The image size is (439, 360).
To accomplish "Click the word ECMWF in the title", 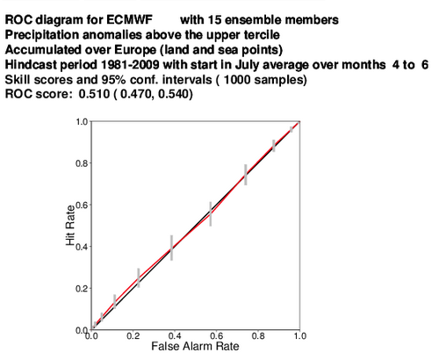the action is click(x=129, y=20).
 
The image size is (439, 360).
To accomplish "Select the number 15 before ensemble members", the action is click(x=215, y=20).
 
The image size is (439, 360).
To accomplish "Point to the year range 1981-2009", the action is click(x=130, y=64).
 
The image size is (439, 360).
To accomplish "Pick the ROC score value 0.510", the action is click(x=94, y=94).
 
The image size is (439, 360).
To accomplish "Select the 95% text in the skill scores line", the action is click(x=116, y=79).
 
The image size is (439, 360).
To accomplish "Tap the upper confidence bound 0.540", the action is click(x=174, y=94).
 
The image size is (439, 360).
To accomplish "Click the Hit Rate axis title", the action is click(x=70, y=225).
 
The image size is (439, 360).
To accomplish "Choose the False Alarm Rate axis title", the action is click(x=195, y=346).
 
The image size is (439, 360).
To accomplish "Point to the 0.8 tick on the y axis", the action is click(x=82, y=163).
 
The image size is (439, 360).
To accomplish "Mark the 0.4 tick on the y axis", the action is click(x=82, y=247).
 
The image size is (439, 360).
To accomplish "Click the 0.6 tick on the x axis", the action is click(x=217, y=335).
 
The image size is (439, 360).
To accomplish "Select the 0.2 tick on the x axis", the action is click(x=133, y=335).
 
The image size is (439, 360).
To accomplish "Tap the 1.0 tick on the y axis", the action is click(x=83, y=121).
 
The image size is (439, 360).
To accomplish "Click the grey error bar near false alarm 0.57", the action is click(x=211, y=214).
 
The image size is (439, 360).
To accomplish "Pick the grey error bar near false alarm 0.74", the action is click(x=246, y=175).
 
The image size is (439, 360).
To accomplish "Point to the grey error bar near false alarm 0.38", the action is click(x=171, y=248).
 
